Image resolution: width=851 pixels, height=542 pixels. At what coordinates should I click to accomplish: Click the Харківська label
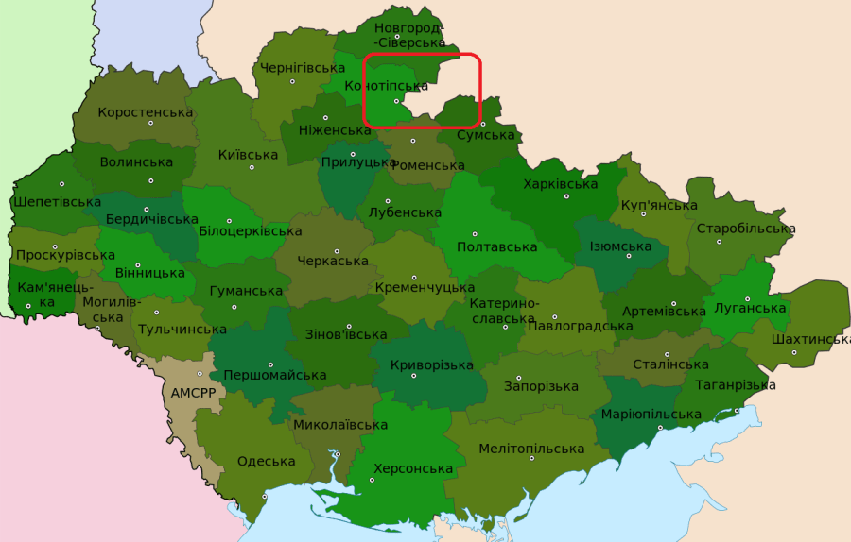tap(560, 183)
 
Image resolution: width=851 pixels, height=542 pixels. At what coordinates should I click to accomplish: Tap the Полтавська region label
tap(496, 247)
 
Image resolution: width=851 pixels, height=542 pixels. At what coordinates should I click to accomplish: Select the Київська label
tap(248, 155)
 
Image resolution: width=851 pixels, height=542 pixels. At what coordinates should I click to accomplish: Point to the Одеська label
tap(267, 462)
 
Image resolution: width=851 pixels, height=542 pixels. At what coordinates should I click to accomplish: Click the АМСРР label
tap(193, 393)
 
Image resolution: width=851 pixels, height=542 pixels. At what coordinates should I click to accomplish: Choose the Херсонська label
tap(413, 468)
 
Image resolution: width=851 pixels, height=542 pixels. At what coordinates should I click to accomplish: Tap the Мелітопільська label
tap(531, 449)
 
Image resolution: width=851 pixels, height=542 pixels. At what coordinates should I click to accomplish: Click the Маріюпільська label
tap(651, 415)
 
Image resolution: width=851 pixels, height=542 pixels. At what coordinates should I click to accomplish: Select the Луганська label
tap(751, 309)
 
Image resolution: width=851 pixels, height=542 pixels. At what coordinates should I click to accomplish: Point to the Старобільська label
tap(745, 229)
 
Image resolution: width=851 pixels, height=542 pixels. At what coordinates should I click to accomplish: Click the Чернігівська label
tap(302, 68)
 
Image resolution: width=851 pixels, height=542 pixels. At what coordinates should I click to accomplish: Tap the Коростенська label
tap(145, 112)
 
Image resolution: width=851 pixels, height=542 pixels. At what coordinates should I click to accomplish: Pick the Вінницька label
tap(149, 273)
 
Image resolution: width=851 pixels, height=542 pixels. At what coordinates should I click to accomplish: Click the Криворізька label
tap(432, 365)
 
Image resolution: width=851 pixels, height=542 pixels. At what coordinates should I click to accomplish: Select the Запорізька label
tap(541, 386)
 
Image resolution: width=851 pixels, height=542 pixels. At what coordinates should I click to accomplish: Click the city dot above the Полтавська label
tap(475, 234)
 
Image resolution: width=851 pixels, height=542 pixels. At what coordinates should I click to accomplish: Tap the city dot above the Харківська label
tap(567, 196)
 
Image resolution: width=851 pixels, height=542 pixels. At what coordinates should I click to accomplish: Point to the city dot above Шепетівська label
tap(62, 184)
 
